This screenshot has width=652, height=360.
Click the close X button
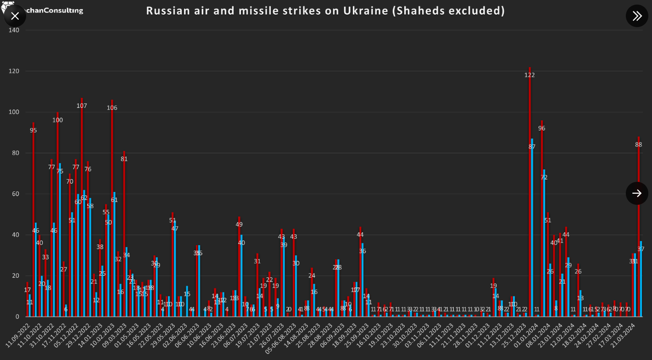[x=15, y=16]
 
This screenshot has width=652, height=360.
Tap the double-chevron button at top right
[x=637, y=16]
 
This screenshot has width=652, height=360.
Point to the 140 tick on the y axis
[x=14, y=30]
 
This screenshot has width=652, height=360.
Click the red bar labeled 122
[x=529, y=193]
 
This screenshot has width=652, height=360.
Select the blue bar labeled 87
[x=532, y=230]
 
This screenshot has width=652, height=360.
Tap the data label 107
[x=82, y=106]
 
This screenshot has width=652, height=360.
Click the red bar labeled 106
[x=112, y=207]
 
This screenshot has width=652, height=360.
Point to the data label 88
[x=639, y=145]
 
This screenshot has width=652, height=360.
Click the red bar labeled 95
[x=33, y=220]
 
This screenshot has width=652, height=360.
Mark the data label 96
[x=542, y=128]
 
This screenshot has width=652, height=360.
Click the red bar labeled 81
[x=124, y=234]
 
